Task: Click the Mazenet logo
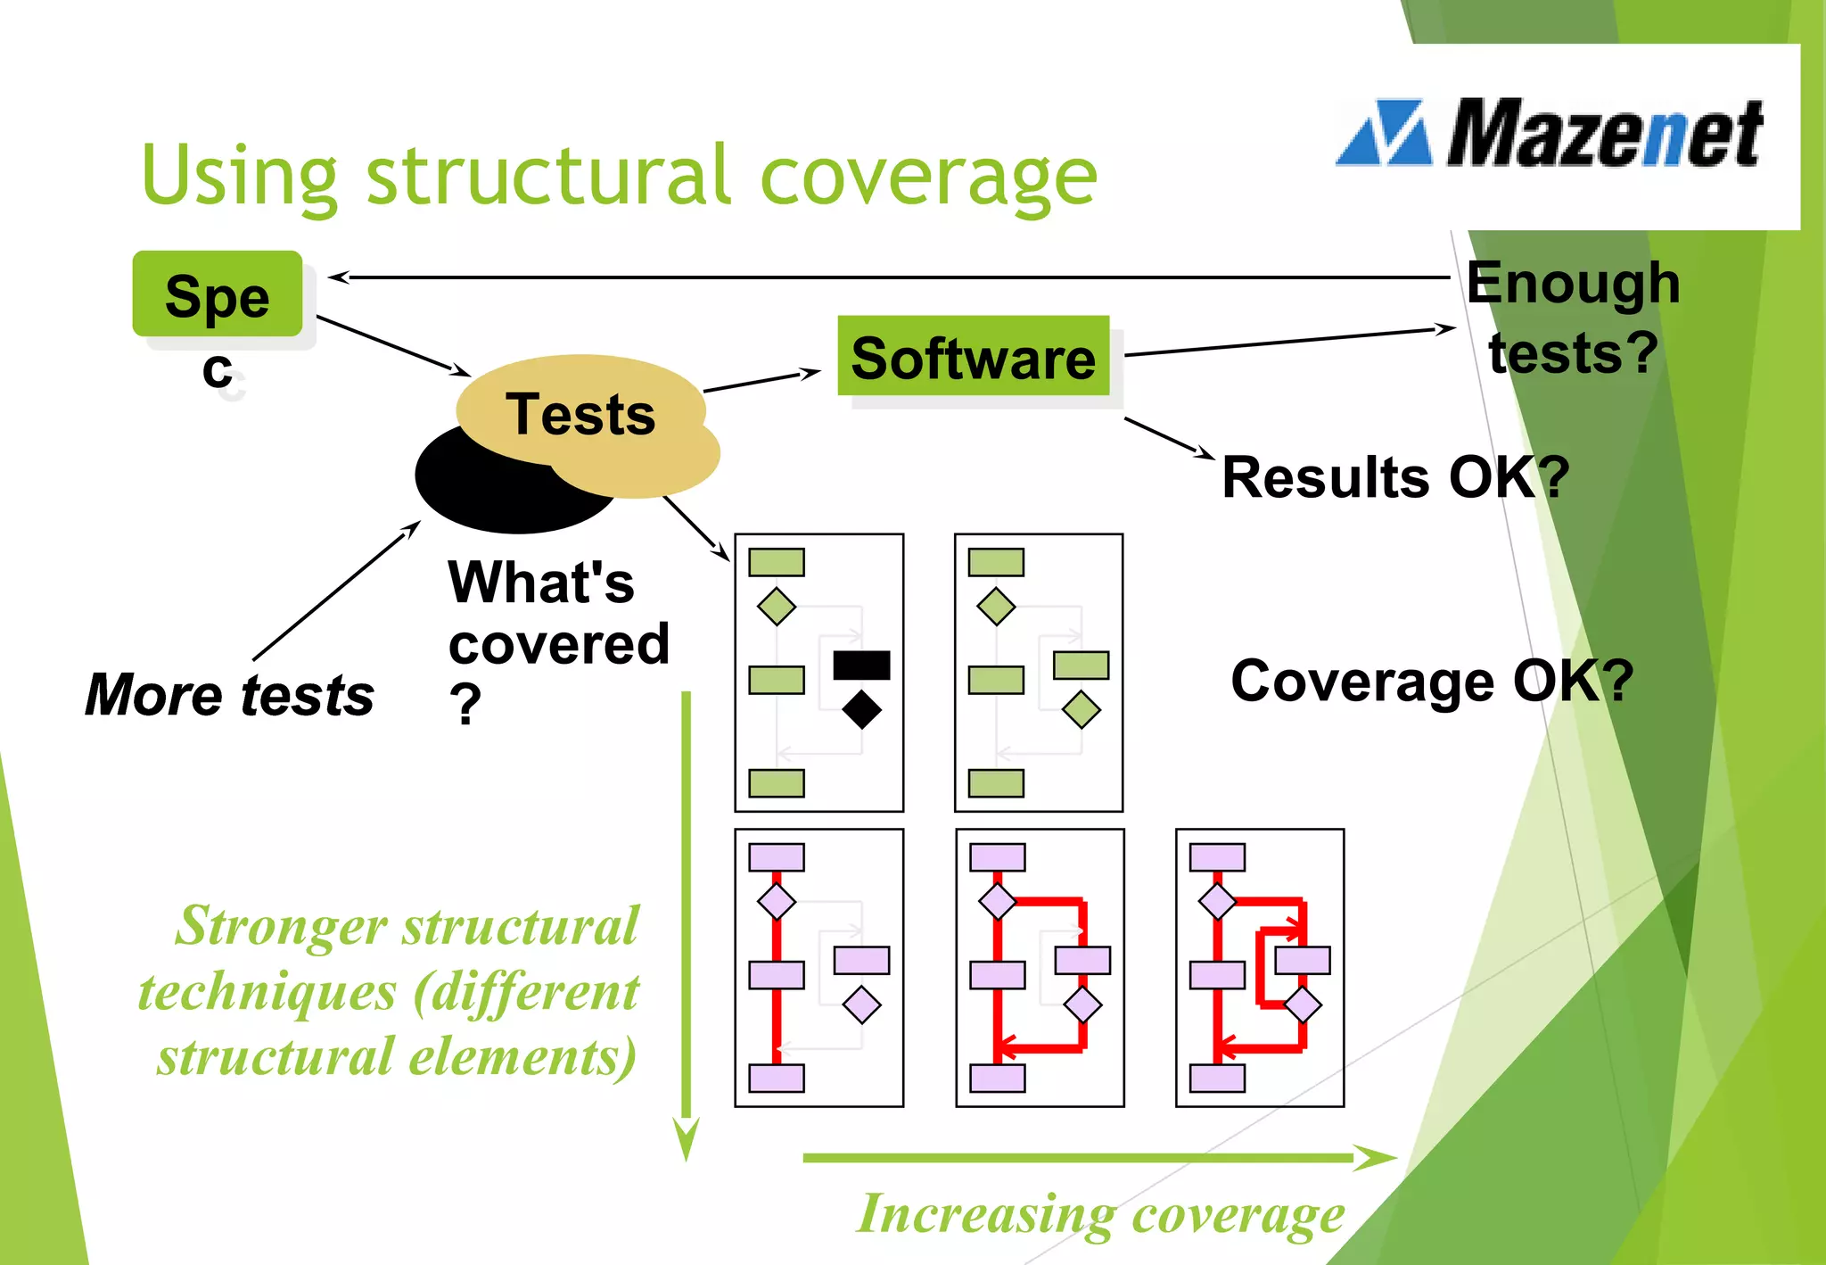pyautogui.click(x=1551, y=134)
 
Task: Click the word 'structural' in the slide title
pyautogui.click(x=550, y=176)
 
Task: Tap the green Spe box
pyautogui.click(x=217, y=294)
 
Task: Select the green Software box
pyautogui.click(x=973, y=357)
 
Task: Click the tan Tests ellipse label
pyautogui.click(x=580, y=414)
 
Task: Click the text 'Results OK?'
pyautogui.click(x=1394, y=477)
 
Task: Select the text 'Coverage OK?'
pyautogui.click(x=1431, y=682)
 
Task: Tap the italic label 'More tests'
pyautogui.click(x=230, y=695)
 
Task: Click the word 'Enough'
pyautogui.click(x=1573, y=283)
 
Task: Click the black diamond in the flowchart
pyautogui.click(x=861, y=710)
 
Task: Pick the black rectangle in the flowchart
pyautogui.click(x=861, y=665)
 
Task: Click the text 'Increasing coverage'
pyautogui.click(x=1100, y=1214)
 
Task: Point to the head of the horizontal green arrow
pyautogui.click(x=1378, y=1158)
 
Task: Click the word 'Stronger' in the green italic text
pyautogui.click(x=282, y=926)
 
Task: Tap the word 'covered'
pyautogui.click(x=559, y=644)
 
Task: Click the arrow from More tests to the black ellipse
pyautogui.click(x=336, y=591)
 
